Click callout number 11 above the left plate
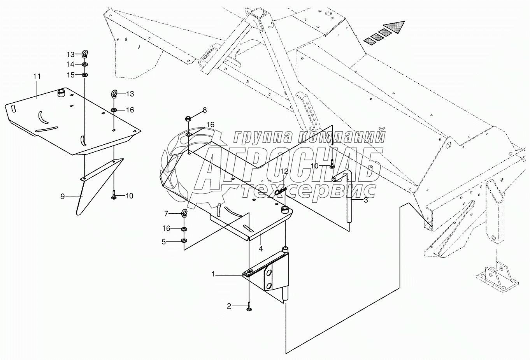pos(37,77)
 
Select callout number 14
pos(70,64)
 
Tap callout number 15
pos(70,75)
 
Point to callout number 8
pos(205,110)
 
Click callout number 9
pos(63,196)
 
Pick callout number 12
pos(284,171)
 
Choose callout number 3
pos(366,200)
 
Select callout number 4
pos(260,249)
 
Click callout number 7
pos(166,214)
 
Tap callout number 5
pos(164,242)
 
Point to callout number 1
pos(213,274)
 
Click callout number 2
pos(229,306)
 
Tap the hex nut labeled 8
pos(188,118)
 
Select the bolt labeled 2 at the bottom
pos(249,307)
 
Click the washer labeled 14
pos(84,64)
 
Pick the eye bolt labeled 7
pos(184,213)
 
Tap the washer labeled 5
pos(184,241)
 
